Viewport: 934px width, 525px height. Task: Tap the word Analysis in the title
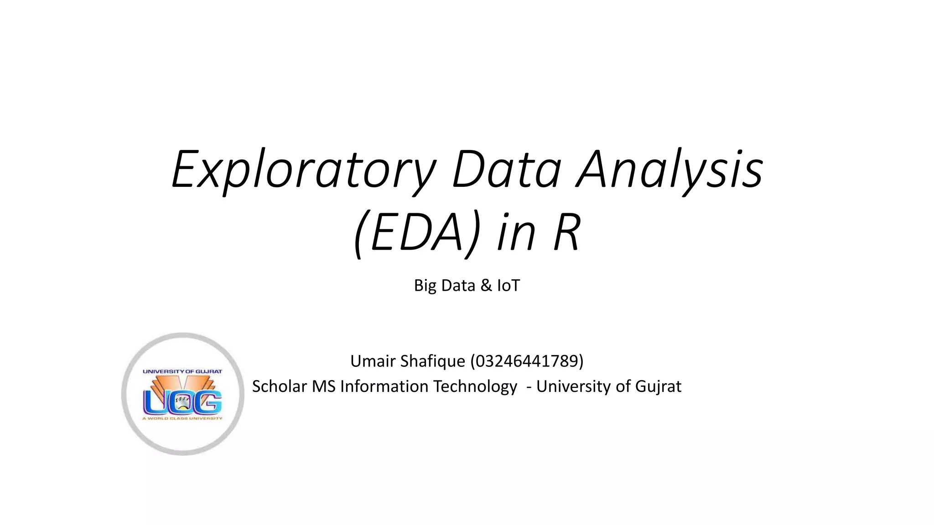[669, 170]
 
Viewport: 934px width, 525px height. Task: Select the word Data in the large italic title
[506, 170]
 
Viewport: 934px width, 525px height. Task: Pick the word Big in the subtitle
[425, 286]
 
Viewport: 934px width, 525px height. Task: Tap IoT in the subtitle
[509, 286]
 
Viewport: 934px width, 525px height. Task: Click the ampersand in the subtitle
[486, 286]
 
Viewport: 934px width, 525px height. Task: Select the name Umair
[373, 361]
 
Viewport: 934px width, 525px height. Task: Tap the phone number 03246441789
[527, 361]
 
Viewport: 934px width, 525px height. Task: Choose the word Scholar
[279, 386]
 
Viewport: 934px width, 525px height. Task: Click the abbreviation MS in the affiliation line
[323, 386]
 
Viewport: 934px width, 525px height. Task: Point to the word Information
[384, 386]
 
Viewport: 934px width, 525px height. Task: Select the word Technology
[475, 386]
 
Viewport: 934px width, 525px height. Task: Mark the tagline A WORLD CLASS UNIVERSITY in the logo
[182, 418]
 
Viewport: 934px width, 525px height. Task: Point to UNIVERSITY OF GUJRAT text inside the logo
[182, 371]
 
